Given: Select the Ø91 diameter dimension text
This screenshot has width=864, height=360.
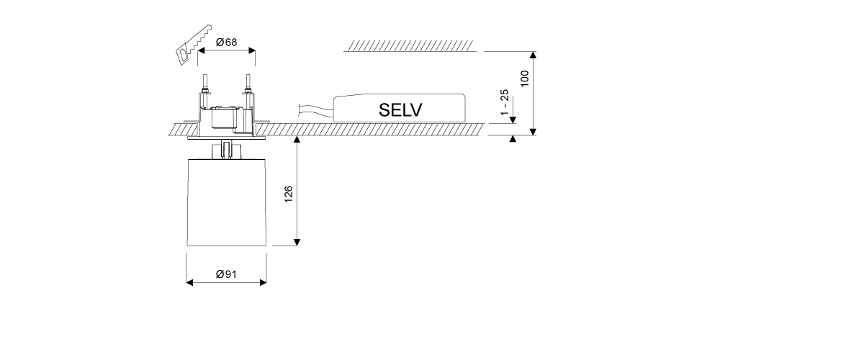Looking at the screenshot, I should (x=227, y=274).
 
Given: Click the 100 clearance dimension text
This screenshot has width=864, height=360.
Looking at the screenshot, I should (x=525, y=78).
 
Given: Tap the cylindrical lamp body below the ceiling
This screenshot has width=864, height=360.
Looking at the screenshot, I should (x=226, y=202).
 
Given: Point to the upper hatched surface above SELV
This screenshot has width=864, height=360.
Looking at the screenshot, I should (x=410, y=47).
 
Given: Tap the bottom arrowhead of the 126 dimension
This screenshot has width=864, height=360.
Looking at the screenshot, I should (x=297, y=242).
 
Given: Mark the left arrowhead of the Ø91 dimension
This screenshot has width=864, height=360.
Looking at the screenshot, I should (x=190, y=283).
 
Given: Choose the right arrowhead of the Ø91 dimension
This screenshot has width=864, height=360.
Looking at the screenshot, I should (x=264, y=283).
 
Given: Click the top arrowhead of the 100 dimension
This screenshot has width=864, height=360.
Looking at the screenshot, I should (x=534, y=55).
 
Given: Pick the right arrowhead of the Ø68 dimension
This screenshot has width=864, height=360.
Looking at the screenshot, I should (x=251, y=51).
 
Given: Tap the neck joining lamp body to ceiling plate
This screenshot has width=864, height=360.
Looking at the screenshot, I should (x=226, y=149).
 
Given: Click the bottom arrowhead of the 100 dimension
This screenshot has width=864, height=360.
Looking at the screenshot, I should (x=534, y=131).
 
